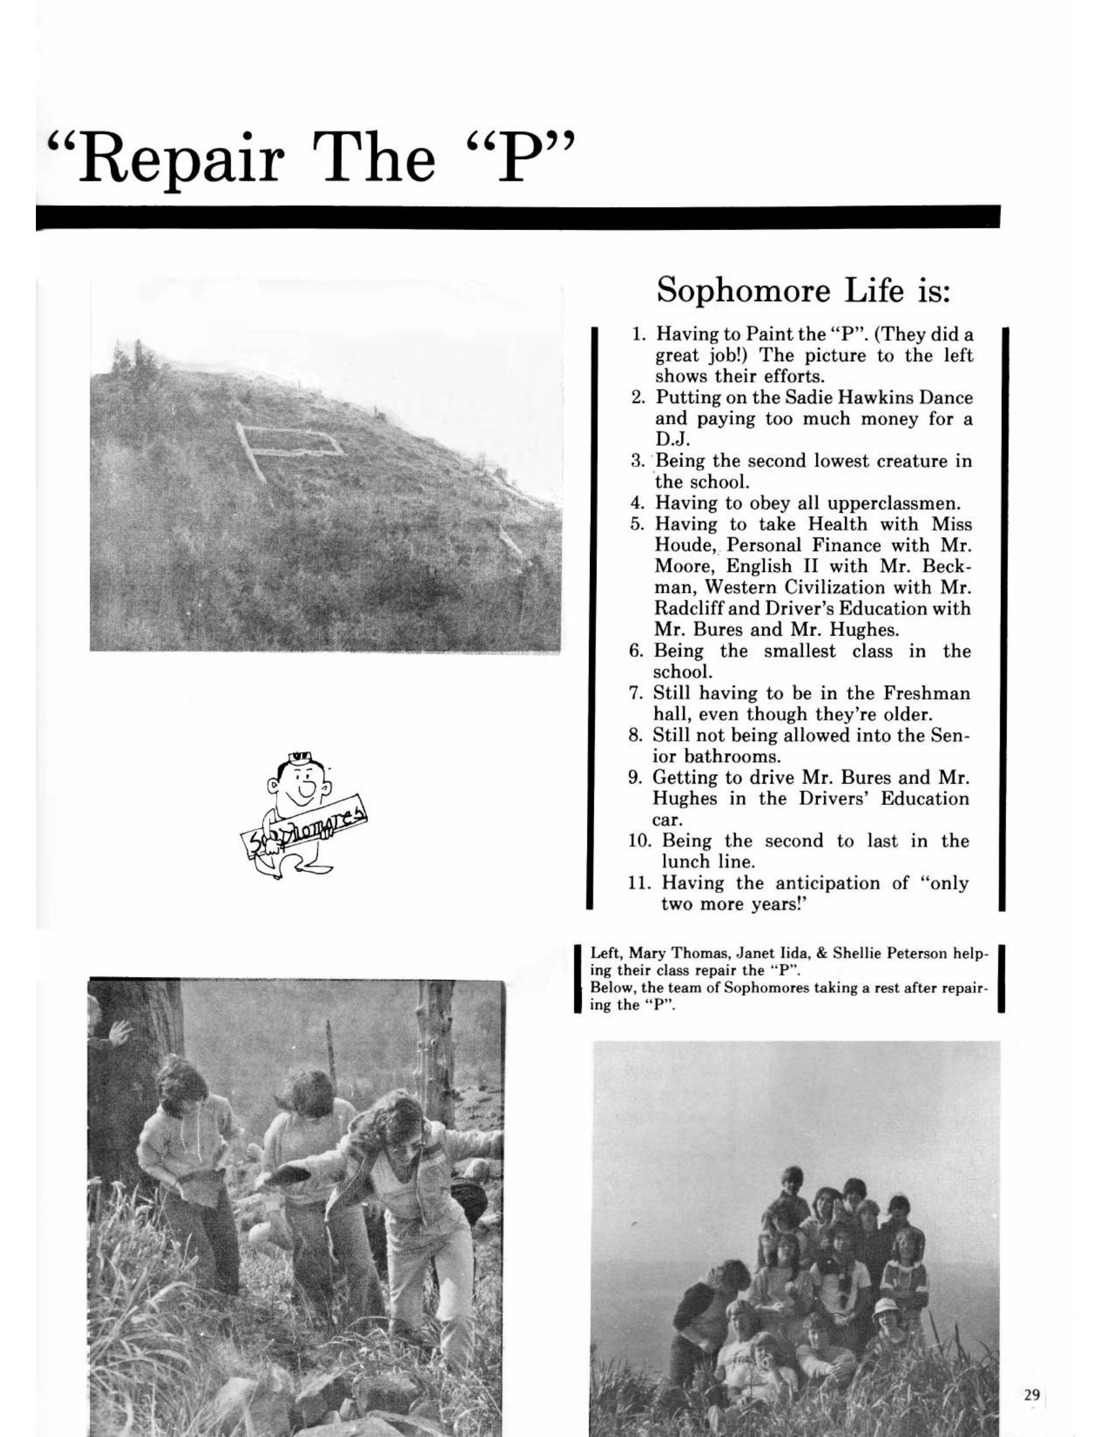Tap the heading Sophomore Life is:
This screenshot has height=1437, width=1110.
[804, 290]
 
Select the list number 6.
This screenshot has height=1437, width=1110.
[635, 651]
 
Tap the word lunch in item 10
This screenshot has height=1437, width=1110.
[689, 862]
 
